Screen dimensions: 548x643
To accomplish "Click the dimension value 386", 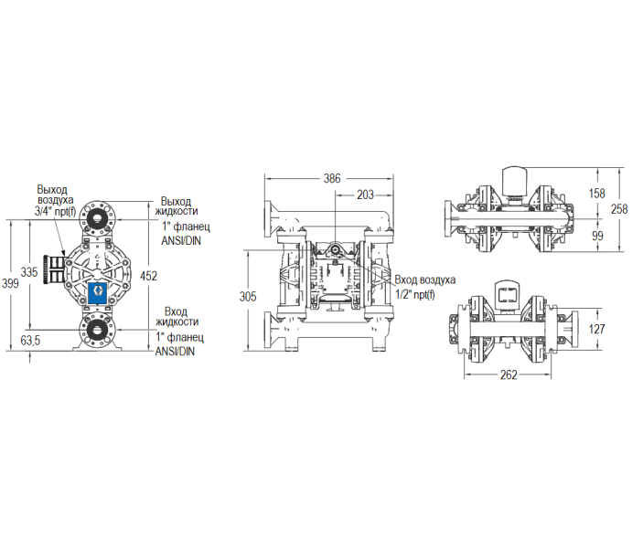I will pyautogui.click(x=330, y=179).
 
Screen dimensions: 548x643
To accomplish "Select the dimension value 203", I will pyautogui.click(x=364, y=195).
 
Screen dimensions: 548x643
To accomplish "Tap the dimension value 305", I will pyautogui.click(x=246, y=297).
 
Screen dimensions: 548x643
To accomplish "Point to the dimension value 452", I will pyautogui.click(x=149, y=276).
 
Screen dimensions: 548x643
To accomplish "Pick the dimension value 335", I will pyautogui.click(x=29, y=272).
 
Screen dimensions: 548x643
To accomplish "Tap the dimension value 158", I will pyautogui.click(x=596, y=194).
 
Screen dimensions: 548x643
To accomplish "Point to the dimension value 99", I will pyautogui.click(x=596, y=236).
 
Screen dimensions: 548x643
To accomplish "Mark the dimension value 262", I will pyautogui.click(x=510, y=374).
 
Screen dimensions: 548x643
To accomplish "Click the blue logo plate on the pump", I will pyautogui.click(x=95, y=292).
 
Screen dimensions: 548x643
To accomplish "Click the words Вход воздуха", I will pyautogui.click(x=424, y=279).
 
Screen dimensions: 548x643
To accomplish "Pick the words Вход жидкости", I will pyautogui.click(x=177, y=315).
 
